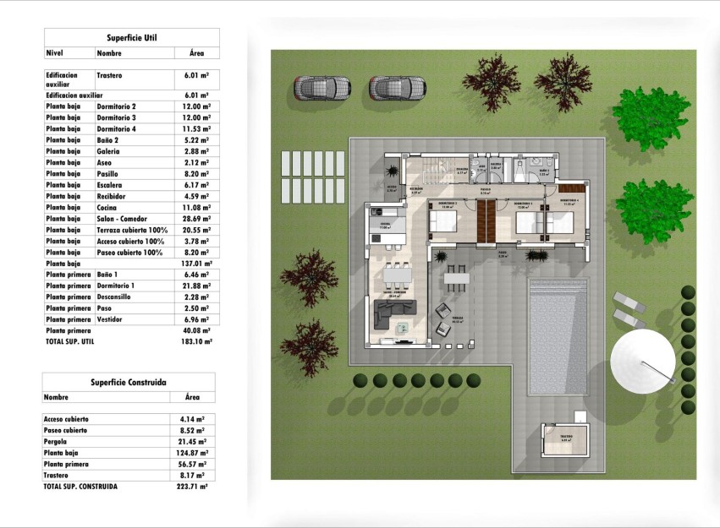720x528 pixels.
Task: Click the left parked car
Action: [x=322, y=88]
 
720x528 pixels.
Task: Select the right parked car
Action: [x=397, y=88]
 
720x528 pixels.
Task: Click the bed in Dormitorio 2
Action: [x=443, y=222]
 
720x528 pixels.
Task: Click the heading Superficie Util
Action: [x=131, y=38]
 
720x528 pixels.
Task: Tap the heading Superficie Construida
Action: [x=129, y=382]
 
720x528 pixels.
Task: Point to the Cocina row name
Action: [x=107, y=207]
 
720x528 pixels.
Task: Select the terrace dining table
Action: [x=457, y=276]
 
